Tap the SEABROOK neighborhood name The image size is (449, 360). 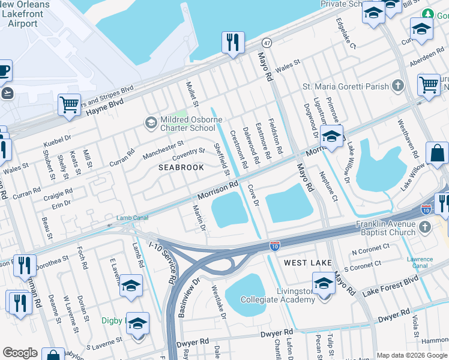coord(181,167)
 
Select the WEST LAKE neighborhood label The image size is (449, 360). coord(308,263)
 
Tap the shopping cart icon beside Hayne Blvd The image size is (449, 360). coord(70,104)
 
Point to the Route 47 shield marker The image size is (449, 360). coord(267,43)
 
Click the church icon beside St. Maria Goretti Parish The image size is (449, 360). coord(397,86)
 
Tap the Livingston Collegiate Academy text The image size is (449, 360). coord(277,295)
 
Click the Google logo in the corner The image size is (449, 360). coord(20,353)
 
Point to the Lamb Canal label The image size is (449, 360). coord(131,218)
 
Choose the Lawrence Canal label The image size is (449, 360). coord(420,262)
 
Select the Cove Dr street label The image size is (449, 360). coord(253,196)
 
